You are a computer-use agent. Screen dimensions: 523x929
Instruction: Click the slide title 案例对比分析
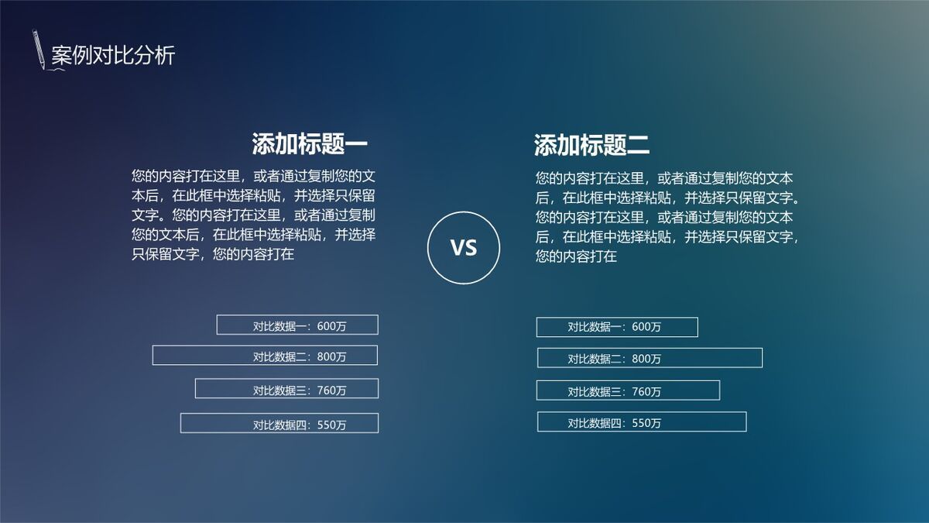[x=113, y=56]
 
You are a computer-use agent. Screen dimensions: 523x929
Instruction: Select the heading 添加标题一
[x=309, y=144]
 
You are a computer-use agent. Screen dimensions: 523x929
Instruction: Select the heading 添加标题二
[x=591, y=144]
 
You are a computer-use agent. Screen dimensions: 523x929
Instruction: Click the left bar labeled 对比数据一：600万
[x=297, y=325]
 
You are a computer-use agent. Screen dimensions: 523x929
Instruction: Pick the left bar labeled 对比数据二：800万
[x=265, y=356]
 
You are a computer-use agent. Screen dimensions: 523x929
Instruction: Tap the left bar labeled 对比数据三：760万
[x=286, y=389]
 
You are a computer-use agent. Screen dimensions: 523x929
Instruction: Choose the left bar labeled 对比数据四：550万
[x=279, y=423]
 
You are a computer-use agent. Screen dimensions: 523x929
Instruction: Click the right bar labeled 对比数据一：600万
[x=617, y=327]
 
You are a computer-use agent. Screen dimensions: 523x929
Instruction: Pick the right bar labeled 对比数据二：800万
[x=650, y=358]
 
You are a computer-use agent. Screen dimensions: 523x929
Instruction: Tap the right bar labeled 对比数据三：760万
[x=628, y=391]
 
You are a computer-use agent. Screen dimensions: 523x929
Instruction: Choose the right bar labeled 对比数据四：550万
[x=642, y=422]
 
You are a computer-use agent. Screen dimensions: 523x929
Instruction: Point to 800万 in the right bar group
[x=647, y=360]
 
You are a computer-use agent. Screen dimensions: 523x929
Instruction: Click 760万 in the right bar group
[x=647, y=392]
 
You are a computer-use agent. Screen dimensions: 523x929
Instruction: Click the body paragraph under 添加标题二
[x=667, y=217]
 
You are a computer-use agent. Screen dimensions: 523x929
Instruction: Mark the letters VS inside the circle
[x=464, y=247]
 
